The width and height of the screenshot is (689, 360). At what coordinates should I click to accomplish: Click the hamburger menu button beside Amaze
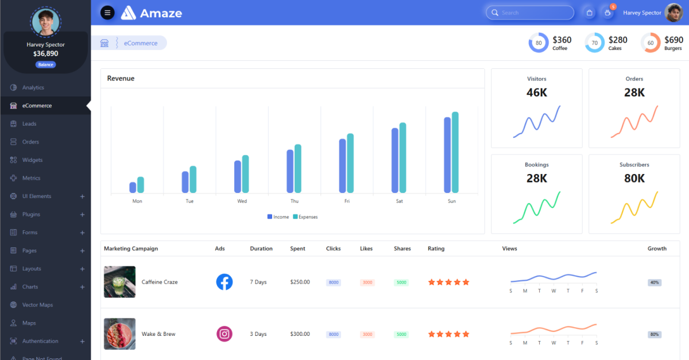tap(107, 13)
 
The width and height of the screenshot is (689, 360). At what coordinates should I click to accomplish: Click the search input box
tap(529, 13)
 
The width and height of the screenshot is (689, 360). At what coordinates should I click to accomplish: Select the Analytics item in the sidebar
tap(33, 88)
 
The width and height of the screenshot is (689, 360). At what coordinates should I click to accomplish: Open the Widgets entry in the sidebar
tap(32, 160)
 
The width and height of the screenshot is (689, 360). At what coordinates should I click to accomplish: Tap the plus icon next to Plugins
tap(82, 215)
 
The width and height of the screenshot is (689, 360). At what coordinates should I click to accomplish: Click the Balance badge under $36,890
tap(46, 65)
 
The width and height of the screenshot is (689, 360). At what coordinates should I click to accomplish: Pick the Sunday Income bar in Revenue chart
tap(447, 155)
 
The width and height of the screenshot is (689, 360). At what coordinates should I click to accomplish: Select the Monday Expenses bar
tap(141, 185)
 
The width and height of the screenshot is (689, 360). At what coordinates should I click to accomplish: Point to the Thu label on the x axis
tap(295, 202)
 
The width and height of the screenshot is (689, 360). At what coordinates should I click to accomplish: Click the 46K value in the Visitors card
tap(536, 92)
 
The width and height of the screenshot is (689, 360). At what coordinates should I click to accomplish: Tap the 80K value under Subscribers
tap(634, 179)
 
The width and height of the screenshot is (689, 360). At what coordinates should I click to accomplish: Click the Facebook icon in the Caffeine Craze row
tap(224, 282)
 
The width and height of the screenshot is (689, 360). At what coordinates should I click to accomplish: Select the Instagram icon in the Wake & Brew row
tap(224, 334)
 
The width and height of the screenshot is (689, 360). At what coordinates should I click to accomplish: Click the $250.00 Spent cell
tap(300, 282)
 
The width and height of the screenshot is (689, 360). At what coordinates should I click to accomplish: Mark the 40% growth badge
tap(655, 282)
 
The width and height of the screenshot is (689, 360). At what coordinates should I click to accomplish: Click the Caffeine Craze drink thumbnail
tap(119, 282)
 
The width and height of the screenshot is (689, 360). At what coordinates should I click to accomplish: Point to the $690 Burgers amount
tap(673, 40)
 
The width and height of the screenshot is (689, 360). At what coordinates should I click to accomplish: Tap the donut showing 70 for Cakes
tap(594, 43)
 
